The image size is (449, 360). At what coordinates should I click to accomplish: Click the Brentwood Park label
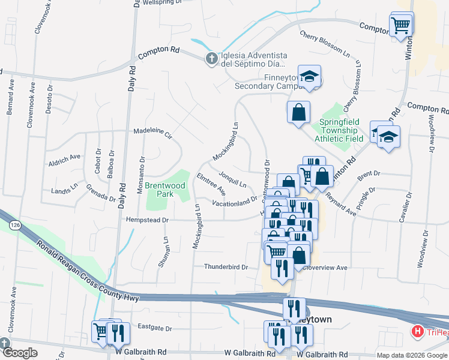(x=165, y=190)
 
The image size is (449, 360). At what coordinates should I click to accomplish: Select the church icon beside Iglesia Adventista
(x=211, y=58)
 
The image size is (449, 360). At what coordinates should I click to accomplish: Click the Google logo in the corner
(x=20, y=353)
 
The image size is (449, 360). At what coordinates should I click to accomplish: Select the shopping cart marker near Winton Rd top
(x=400, y=25)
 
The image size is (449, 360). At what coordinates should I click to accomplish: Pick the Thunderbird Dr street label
(x=226, y=267)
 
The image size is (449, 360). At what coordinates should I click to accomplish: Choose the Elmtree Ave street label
(x=211, y=184)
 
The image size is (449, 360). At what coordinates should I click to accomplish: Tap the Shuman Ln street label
(x=164, y=251)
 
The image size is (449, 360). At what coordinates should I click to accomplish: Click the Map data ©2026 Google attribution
(x=412, y=355)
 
